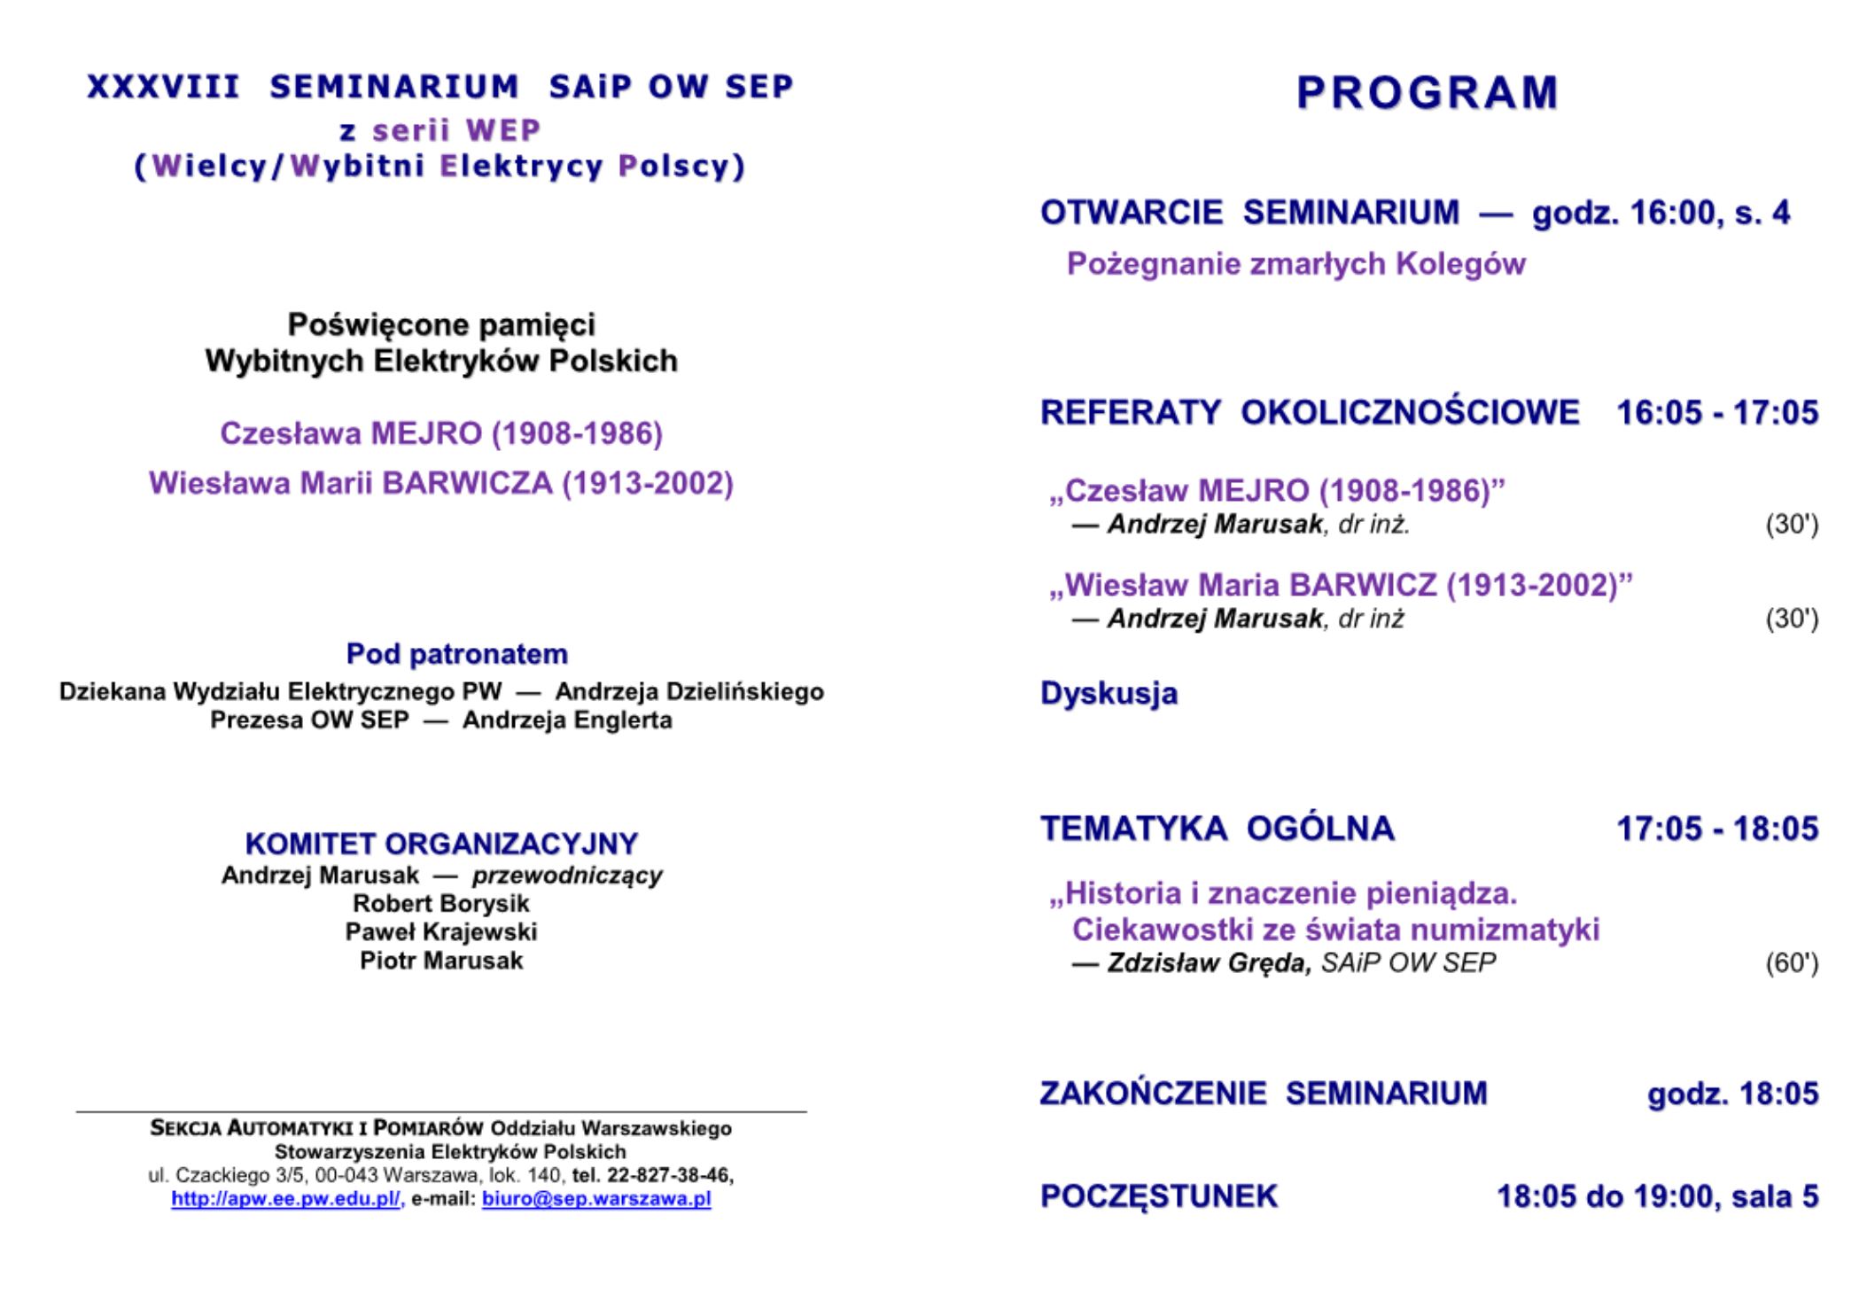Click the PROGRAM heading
pos(1427,93)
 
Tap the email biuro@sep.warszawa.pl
pos(596,1199)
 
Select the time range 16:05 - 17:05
pos(1717,413)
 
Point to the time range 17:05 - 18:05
pos(1717,829)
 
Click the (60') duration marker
pos(1792,963)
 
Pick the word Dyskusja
pos(1109,693)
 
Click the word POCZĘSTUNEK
pos(1159,1196)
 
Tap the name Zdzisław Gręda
pos(1209,963)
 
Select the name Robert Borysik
pos(441,904)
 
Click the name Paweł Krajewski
pos(441,932)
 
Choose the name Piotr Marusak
pos(441,961)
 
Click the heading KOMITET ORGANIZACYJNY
pos(441,843)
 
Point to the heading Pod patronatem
pos(456,654)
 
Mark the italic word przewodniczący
pos(567,876)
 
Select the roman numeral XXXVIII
pos(164,87)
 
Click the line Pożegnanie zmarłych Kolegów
pos(1295,264)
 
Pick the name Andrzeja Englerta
pos(567,720)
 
